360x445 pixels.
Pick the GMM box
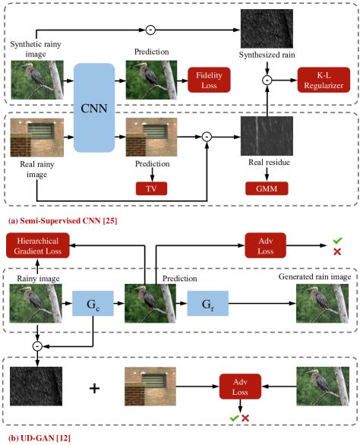point(265,187)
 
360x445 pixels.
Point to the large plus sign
point(94,388)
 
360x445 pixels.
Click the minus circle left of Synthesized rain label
point(150,30)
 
